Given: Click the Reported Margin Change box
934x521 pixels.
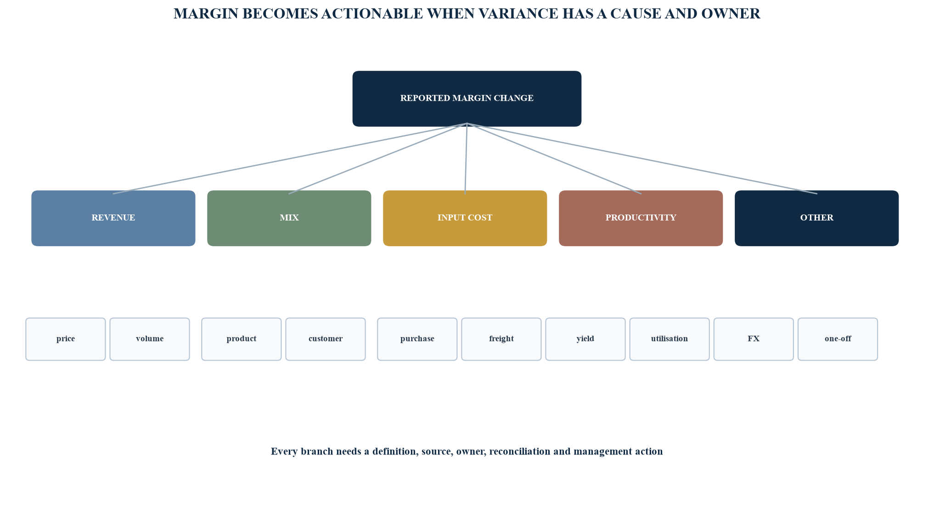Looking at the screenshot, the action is coord(467,98).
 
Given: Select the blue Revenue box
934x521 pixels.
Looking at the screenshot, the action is coord(113,218).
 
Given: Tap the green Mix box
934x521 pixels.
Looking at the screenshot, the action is coord(289,218).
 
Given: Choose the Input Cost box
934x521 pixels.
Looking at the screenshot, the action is coord(465,218).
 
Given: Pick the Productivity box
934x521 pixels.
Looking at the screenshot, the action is coord(641,218).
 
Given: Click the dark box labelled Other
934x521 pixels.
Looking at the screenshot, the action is coord(816,218).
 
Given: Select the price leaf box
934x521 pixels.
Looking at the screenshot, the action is coord(66,339).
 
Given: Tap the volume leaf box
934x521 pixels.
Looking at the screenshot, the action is coord(150,339).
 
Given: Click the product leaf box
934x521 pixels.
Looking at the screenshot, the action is coord(242,339).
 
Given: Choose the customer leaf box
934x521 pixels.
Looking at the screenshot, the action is coord(326,339).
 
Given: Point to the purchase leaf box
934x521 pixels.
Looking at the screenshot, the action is coord(417,339).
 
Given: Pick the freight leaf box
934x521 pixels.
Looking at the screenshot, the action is coord(501,339).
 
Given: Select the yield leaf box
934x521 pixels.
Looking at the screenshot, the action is coord(585,339).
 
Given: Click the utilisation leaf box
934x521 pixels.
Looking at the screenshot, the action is coord(670,339).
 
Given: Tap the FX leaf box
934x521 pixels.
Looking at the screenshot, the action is coord(754,339).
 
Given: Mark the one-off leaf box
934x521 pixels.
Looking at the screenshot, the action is coord(838,339).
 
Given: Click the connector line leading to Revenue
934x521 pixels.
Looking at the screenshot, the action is coord(290,159).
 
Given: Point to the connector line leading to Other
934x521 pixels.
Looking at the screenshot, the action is coord(642,159).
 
